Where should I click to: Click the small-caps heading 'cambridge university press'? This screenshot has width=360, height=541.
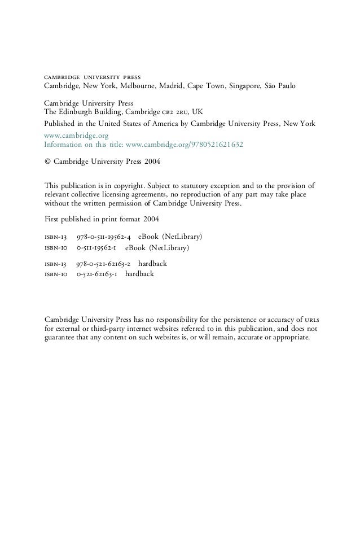click(93, 76)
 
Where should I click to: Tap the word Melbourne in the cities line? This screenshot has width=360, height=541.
click(145, 86)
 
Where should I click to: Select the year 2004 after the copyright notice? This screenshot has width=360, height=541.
click(151, 160)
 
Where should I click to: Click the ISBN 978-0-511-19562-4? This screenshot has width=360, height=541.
click(105, 235)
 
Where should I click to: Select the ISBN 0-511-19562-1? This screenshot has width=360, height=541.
click(98, 247)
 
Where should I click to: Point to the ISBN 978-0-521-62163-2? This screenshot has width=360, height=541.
click(104, 263)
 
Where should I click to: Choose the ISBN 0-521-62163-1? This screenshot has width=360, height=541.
click(97, 274)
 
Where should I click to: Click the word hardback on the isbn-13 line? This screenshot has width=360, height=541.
click(152, 263)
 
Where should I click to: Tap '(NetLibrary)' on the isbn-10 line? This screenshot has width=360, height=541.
click(169, 247)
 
